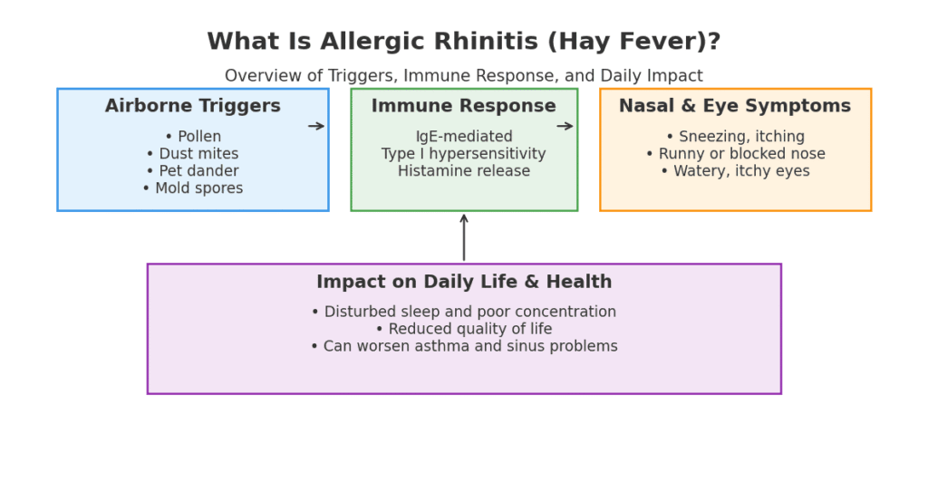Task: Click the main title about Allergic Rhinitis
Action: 463,42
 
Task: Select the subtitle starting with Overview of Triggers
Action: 463,76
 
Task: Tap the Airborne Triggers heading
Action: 192,106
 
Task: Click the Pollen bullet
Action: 192,137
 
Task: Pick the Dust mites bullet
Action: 192,154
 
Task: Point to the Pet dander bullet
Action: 192,171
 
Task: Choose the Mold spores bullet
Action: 192,188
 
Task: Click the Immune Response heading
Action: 463,106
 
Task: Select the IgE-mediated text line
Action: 463,137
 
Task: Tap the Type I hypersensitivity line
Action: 463,154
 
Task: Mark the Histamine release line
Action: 463,171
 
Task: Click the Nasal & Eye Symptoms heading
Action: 734,106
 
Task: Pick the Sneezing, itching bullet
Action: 734,137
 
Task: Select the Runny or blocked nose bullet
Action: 734,154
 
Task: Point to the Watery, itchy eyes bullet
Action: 734,171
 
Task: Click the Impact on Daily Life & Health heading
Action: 463,283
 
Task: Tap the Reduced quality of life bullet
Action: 463,329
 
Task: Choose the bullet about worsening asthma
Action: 463,346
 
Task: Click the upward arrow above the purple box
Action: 463,237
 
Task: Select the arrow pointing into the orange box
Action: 565,126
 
